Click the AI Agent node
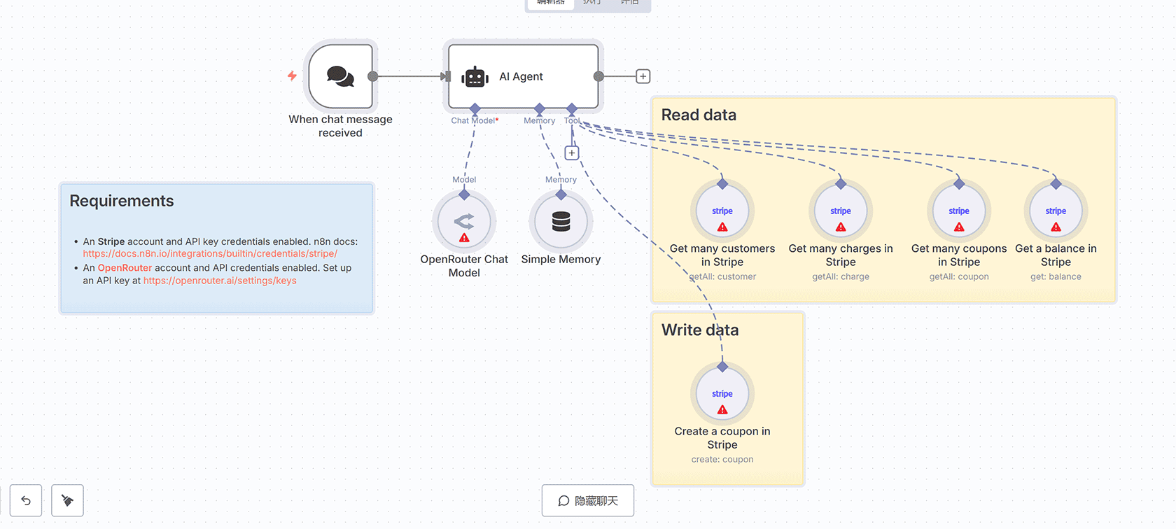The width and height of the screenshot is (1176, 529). [x=523, y=76]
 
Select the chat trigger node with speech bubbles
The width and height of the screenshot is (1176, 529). [x=341, y=76]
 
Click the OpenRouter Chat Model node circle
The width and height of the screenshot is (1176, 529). [x=464, y=222]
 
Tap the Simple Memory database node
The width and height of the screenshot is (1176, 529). [x=561, y=222]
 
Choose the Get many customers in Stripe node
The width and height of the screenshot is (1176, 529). [x=722, y=211]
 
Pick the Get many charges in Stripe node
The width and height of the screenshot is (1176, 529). [x=841, y=211]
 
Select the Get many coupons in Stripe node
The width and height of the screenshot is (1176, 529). [x=959, y=211]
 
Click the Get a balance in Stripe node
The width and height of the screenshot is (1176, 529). [x=1056, y=211]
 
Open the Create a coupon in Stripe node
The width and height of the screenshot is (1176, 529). [x=722, y=394]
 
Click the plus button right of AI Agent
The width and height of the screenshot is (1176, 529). [x=643, y=76]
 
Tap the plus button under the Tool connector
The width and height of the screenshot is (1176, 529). [x=572, y=153]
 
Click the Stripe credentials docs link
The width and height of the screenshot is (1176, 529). [x=210, y=254]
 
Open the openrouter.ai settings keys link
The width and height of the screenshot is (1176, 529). [x=220, y=281]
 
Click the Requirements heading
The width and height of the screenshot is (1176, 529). [x=122, y=201]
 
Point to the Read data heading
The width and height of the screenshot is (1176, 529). [x=699, y=115]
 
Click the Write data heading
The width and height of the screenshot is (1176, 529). [x=700, y=330]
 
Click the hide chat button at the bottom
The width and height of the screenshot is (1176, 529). [x=588, y=500]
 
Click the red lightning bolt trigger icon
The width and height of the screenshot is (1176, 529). [x=292, y=76]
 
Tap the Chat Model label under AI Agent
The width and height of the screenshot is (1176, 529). [x=474, y=120]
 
